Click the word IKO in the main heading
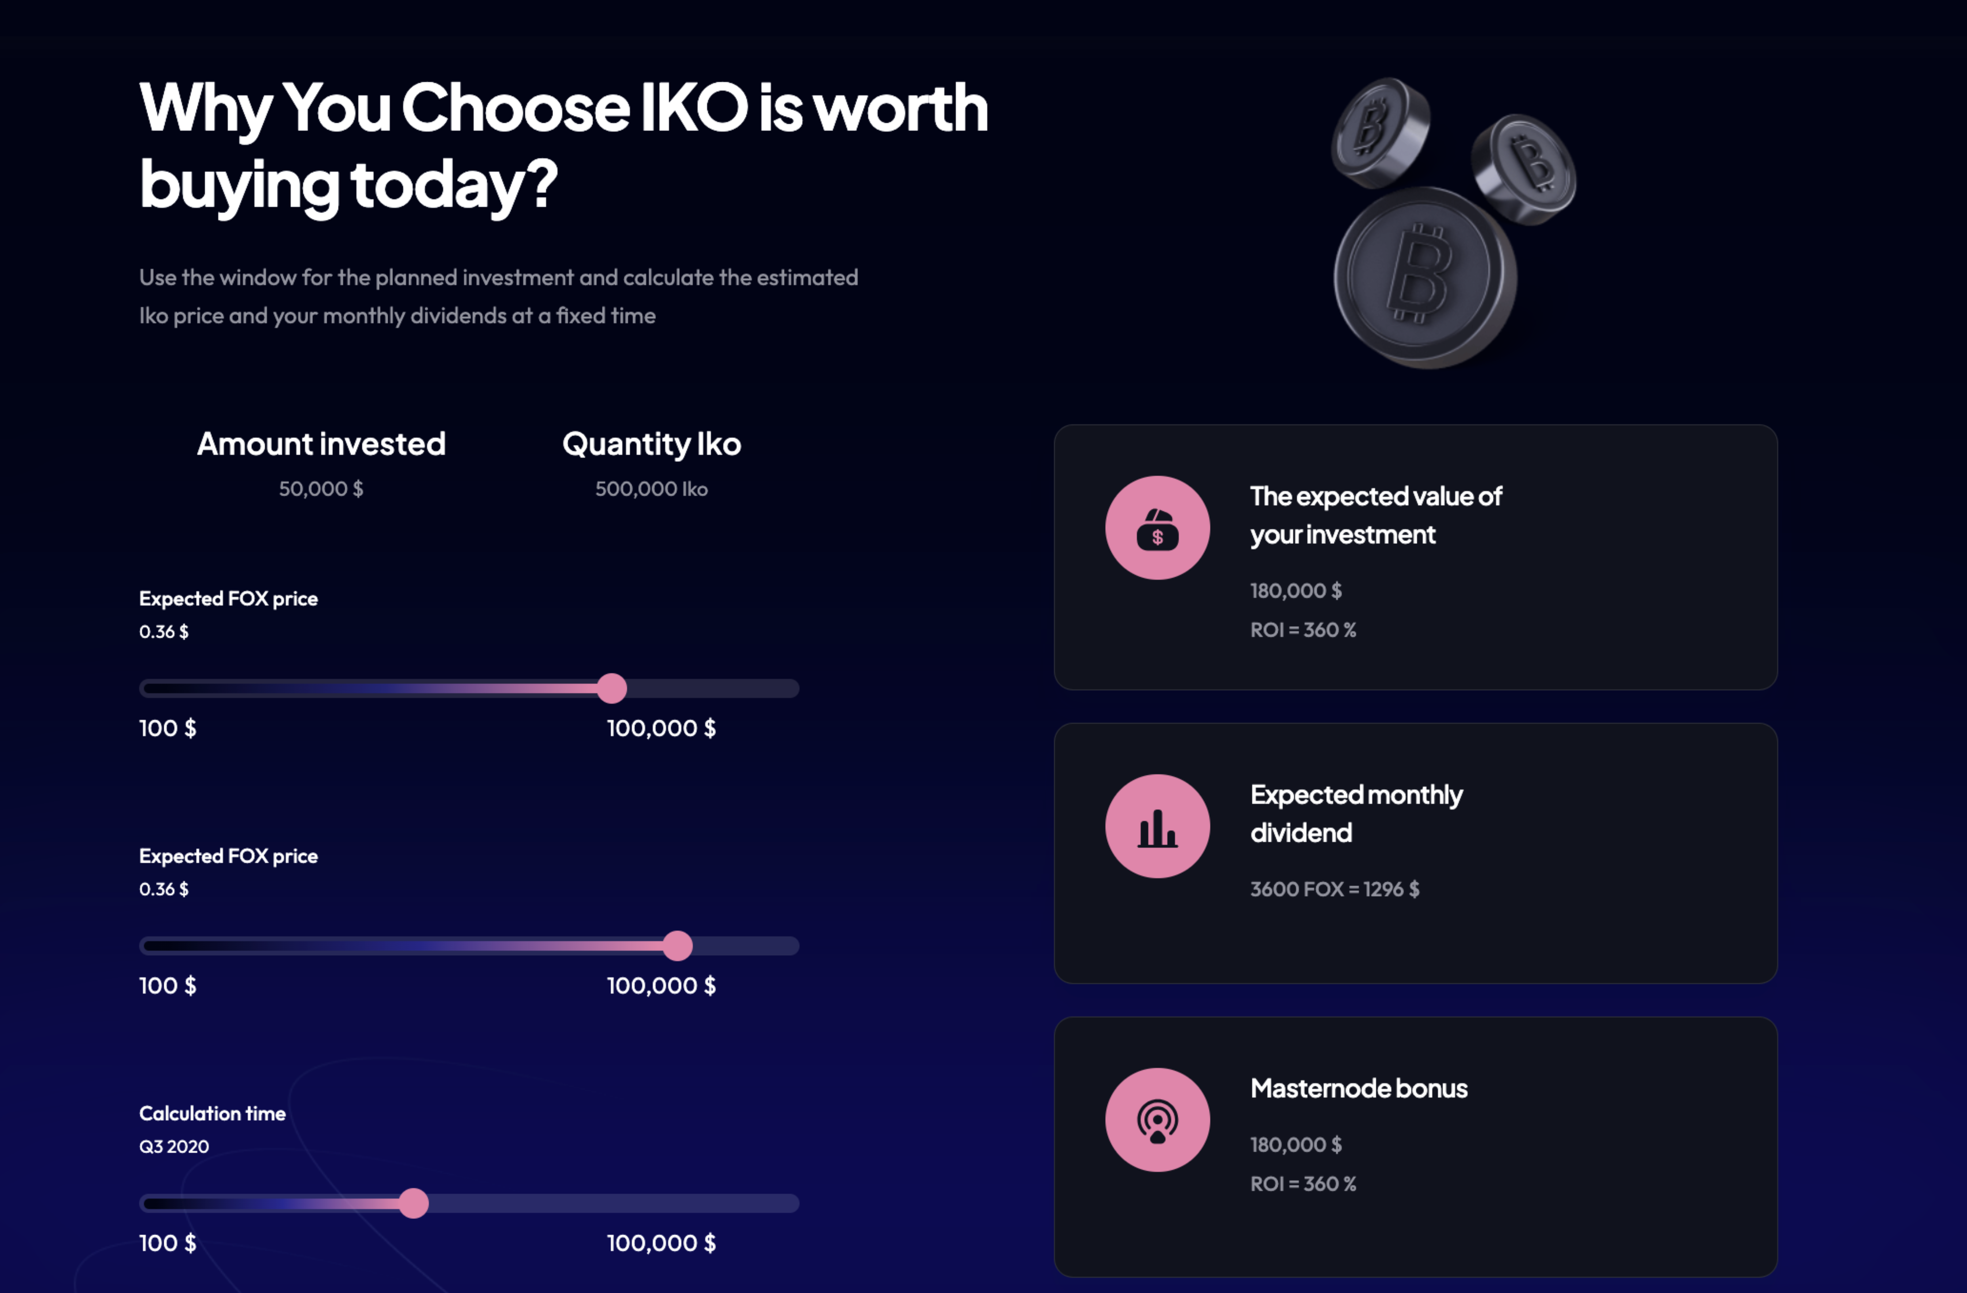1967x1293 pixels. click(x=694, y=107)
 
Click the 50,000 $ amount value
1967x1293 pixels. click(x=321, y=489)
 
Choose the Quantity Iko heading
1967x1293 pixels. click(x=651, y=444)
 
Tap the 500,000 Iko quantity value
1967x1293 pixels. click(x=651, y=489)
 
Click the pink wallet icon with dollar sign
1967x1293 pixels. click(x=1157, y=527)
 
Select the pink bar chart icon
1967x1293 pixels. click(x=1157, y=826)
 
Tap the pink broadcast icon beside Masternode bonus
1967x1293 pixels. click(x=1157, y=1119)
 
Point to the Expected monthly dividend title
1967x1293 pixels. click(x=1356, y=813)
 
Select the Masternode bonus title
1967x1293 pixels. click(x=1359, y=1088)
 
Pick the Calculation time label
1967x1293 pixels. click(x=212, y=1114)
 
